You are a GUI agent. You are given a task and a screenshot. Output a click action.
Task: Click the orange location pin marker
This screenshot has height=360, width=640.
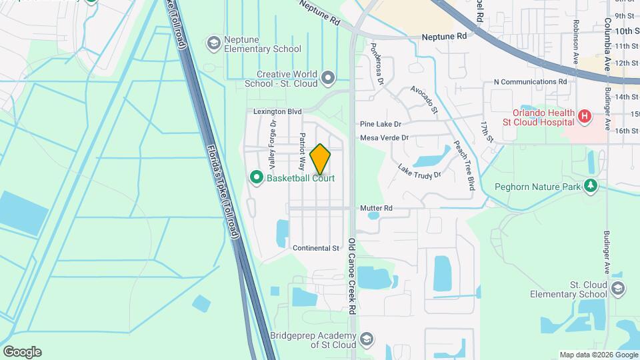click(x=320, y=159)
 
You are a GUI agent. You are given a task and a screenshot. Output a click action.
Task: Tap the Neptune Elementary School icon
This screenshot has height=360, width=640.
click(x=214, y=43)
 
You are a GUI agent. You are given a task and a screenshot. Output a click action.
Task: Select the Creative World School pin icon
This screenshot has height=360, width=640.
click(x=327, y=79)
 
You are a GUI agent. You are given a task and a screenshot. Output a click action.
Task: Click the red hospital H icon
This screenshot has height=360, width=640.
click(x=585, y=117)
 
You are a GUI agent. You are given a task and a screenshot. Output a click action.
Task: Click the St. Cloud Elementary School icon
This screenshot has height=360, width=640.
click(x=617, y=289)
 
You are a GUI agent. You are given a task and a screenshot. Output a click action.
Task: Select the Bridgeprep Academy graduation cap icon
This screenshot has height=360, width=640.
click(x=365, y=340)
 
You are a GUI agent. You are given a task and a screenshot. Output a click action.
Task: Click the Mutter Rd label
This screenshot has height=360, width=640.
click(x=376, y=209)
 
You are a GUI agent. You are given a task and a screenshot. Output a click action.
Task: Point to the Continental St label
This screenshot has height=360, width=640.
click(x=316, y=248)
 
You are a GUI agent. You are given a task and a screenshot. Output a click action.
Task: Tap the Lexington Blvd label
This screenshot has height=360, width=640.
click(x=278, y=111)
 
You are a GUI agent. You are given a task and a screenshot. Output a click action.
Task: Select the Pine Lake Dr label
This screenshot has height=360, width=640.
click(x=380, y=124)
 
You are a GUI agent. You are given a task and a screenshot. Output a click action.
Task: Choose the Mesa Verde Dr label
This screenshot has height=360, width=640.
click(x=383, y=138)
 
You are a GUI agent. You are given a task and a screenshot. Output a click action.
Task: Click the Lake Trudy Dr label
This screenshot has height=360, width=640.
click(x=419, y=171)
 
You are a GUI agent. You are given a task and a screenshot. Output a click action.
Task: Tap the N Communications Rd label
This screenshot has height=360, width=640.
click(x=530, y=81)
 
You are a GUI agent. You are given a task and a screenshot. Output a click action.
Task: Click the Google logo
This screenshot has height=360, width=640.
click(x=22, y=351)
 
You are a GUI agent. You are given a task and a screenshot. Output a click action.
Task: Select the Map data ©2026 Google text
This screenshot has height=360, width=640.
click(x=597, y=355)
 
